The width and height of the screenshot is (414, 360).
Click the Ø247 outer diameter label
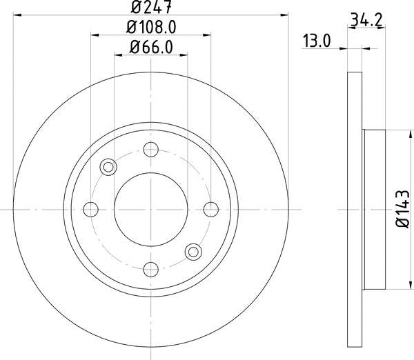pos(150,9)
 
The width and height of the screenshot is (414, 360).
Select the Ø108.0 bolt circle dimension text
pos(150,29)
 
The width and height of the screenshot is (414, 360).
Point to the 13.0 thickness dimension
pos(317,41)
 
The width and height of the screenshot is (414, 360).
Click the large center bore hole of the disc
pos(150,208)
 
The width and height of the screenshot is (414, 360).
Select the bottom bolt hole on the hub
pos(150,268)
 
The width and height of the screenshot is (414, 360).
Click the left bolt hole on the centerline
pos(90,208)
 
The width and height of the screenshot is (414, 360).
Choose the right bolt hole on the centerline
pos(210,208)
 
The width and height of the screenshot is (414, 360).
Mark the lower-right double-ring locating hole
pos(193,250)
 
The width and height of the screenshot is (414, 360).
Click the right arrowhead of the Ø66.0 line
pos(184,57)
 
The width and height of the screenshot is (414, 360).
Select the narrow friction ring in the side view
pos(354,208)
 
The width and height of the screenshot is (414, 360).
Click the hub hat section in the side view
pos(375,208)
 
